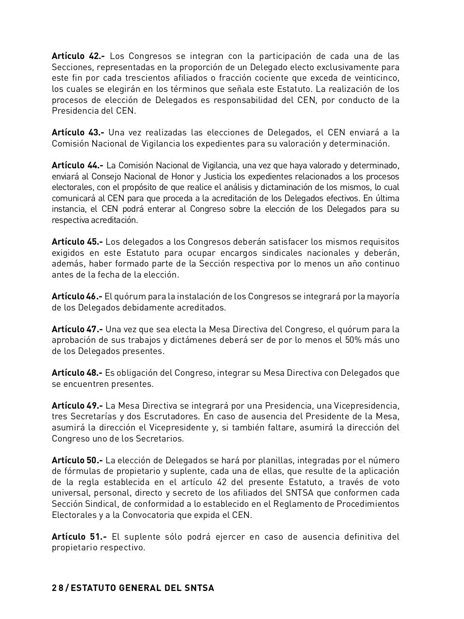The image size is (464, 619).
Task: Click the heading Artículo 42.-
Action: click(x=78, y=56)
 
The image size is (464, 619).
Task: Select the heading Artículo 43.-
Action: click(x=78, y=133)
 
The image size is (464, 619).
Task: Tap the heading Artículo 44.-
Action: click(x=77, y=165)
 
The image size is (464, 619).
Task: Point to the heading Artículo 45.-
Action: click(x=77, y=242)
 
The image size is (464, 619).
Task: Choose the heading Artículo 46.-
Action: click(x=77, y=296)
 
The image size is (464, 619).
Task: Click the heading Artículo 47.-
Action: click(x=77, y=329)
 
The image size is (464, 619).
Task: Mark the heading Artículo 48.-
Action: click(x=77, y=373)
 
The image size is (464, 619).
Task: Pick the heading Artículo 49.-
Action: click(x=77, y=406)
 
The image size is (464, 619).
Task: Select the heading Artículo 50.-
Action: click(x=77, y=460)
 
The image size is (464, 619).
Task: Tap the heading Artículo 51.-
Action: click(x=79, y=537)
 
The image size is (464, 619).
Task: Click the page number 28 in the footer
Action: click(x=58, y=588)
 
